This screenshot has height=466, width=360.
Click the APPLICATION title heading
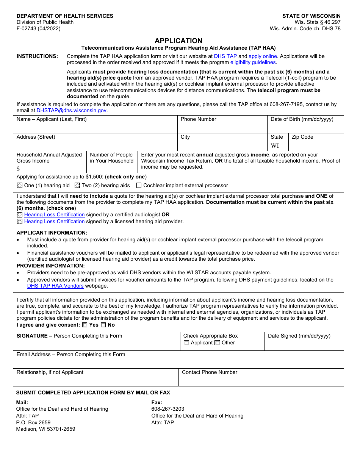[x=178, y=41]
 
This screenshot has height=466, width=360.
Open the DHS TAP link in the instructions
[x=225, y=56]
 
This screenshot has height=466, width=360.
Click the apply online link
[x=263, y=56]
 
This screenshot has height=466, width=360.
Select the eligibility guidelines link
[x=253, y=63]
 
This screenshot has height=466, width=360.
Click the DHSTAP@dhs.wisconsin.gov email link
[x=72, y=111]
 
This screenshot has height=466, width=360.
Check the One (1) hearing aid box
[x=20, y=186]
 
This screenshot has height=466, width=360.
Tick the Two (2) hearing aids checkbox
[x=77, y=186]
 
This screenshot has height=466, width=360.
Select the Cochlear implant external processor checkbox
[x=139, y=186]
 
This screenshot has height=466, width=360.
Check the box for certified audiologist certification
[x=20, y=215]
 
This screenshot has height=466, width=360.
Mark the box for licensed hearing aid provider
[x=20, y=222]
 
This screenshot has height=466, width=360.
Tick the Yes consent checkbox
[x=85, y=325]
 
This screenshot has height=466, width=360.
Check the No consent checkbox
[x=103, y=325]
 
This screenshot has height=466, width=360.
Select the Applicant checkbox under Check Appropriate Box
[x=186, y=343]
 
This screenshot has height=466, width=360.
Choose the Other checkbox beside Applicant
[x=217, y=343]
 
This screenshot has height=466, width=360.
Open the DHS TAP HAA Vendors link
[x=55, y=286]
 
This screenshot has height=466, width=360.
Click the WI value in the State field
[x=275, y=146]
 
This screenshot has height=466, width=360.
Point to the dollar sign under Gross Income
[x=18, y=169]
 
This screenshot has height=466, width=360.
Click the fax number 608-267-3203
[x=168, y=409]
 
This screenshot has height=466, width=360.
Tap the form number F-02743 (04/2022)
[x=38, y=28]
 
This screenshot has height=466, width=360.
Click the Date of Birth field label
[x=302, y=119]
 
